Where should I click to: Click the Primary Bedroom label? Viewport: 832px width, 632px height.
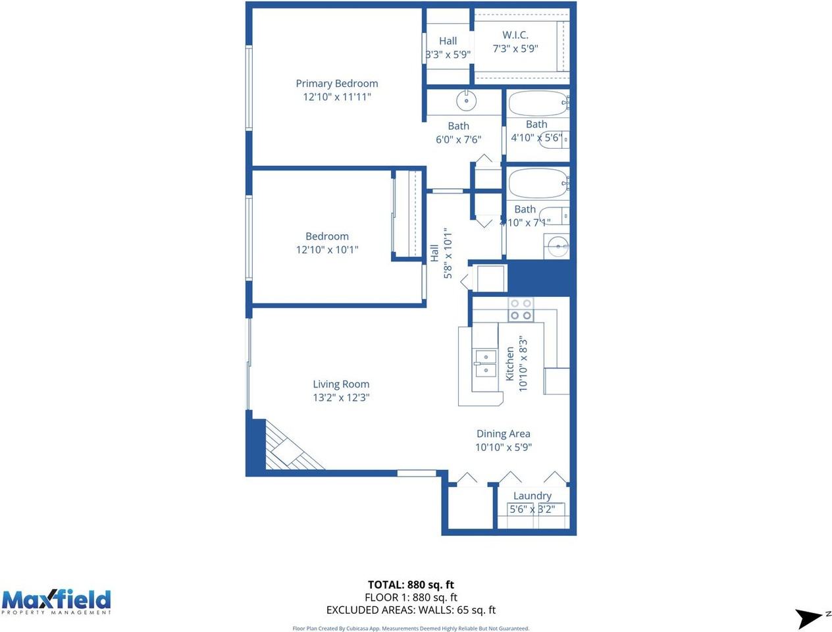click(336, 84)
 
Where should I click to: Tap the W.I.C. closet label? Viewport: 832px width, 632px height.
click(515, 35)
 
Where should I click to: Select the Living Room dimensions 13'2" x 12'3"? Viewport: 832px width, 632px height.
click(341, 398)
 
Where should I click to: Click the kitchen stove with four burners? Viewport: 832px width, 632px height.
click(521, 309)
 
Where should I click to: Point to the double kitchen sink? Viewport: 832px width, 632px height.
click(485, 363)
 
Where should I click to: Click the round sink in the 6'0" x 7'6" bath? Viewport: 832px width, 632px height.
click(466, 101)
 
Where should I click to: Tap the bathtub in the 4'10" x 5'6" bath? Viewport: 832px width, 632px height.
click(537, 103)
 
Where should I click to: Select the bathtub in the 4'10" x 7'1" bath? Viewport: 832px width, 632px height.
click(537, 183)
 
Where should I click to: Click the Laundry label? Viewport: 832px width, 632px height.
click(532, 496)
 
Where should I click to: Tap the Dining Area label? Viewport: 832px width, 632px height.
click(503, 434)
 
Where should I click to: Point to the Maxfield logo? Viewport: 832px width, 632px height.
click(56, 602)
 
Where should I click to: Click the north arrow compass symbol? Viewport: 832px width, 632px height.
click(809, 618)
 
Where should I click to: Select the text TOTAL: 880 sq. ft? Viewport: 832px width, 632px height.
click(411, 585)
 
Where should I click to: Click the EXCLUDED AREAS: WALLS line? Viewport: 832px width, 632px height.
click(411, 610)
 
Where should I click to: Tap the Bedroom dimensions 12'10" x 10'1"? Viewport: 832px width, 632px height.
click(327, 250)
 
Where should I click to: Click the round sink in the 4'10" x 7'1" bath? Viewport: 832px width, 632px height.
click(558, 247)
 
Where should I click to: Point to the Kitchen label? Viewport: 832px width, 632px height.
click(509, 364)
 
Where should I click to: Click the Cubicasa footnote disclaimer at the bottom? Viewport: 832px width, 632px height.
click(411, 628)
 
